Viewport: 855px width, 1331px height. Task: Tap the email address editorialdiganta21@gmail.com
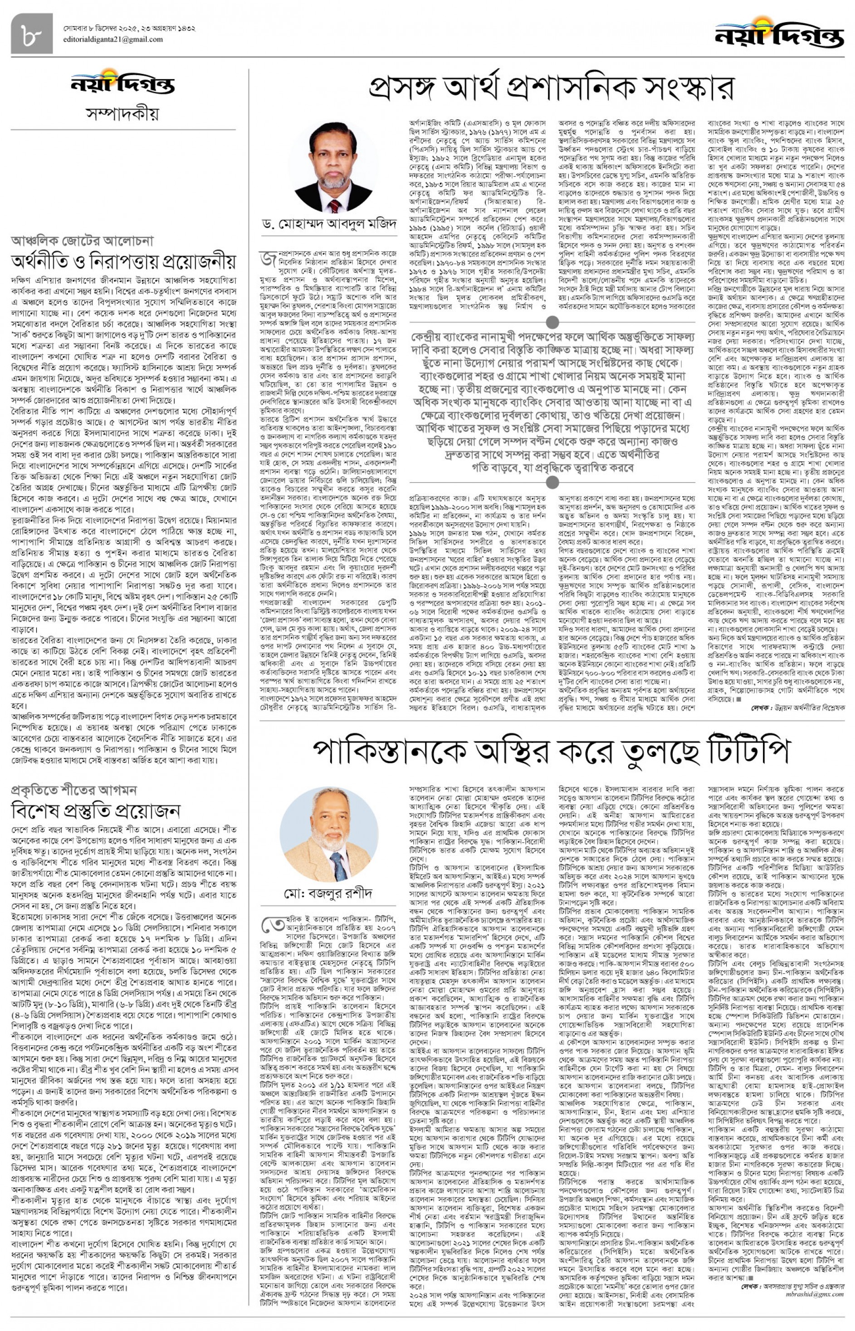click(113, 39)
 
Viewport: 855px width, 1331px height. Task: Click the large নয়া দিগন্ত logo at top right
click(779, 33)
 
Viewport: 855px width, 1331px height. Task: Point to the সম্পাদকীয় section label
click(123, 113)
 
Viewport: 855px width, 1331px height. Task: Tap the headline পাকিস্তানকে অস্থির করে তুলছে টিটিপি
click(550, 751)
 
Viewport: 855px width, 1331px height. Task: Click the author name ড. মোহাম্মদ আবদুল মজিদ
click(329, 224)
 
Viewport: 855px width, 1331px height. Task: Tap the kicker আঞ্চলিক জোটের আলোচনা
click(82, 240)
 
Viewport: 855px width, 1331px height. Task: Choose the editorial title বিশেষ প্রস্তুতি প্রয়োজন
click(96, 811)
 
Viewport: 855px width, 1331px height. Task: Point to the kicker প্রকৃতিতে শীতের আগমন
click(74, 789)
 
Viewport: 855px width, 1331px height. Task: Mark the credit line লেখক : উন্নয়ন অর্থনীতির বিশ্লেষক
click(798, 708)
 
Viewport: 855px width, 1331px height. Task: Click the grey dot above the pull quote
click(552, 322)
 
